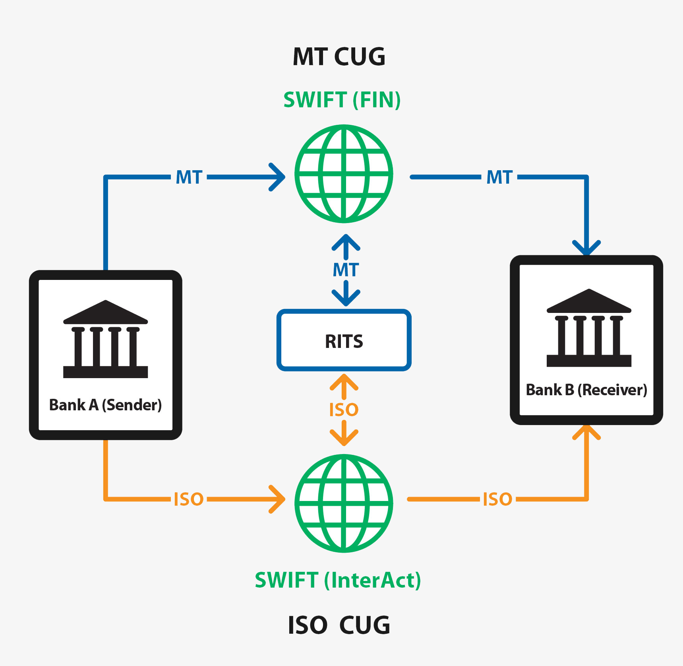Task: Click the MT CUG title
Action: [x=339, y=57]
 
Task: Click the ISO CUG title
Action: [x=339, y=625]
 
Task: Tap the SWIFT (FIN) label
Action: [x=342, y=100]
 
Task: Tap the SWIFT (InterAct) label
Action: [x=338, y=580]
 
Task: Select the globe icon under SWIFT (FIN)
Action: [x=344, y=174]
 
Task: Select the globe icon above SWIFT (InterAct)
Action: [x=344, y=503]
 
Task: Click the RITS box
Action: [x=344, y=340]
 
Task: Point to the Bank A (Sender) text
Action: [x=105, y=405]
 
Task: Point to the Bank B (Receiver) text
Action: [x=586, y=390]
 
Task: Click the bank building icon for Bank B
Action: [x=589, y=328]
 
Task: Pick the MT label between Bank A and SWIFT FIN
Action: [x=189, y=177]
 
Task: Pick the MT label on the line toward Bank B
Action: [x=499, y=177]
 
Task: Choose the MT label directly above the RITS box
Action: [x=346, y=270]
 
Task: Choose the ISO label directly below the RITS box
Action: [x=344, y=410]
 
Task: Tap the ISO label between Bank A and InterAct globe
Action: [x=189, y=499]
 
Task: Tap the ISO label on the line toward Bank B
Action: [x=497, y=499]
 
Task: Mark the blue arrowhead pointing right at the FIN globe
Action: [x=278, y=177]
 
